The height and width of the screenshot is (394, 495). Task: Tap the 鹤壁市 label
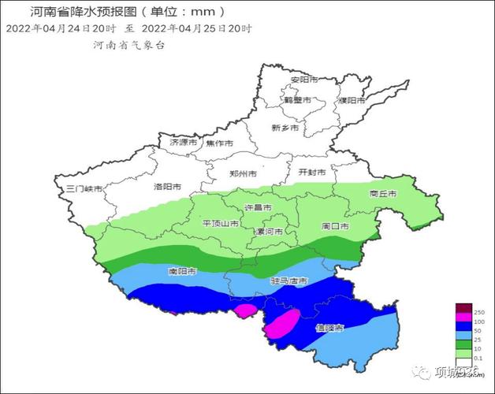coord(299,101)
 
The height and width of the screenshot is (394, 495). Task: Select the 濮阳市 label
coord(351,101)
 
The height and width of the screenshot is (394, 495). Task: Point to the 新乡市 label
coord(285,128)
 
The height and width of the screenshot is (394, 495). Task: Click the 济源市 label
coord(184,143)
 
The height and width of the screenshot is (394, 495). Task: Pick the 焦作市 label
coord(219,143)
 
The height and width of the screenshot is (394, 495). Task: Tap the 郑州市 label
coord(242,173)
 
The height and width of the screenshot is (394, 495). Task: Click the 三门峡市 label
coord(84,188)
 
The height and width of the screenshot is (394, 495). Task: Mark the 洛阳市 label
coord(167,187)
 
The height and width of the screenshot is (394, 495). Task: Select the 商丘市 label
coord(382,193)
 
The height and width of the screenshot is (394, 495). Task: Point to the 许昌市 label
coord(258,207)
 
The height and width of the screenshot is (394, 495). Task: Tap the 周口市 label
coord(335,226)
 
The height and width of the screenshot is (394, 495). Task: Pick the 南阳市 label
coord(182,271)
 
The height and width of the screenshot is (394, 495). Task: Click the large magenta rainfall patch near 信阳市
coord(281,324)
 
